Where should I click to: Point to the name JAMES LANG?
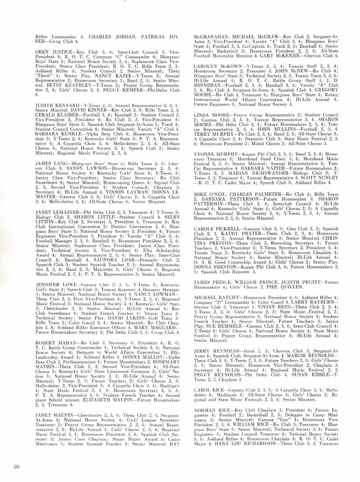(48, 163)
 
